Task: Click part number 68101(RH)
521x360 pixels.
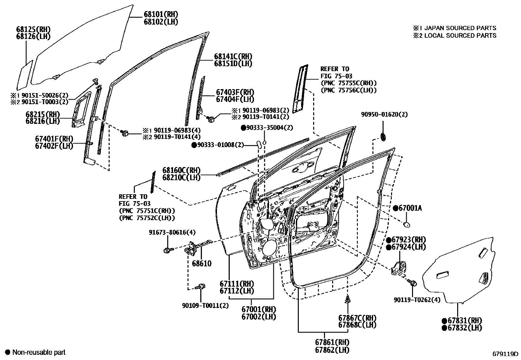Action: (161, 14)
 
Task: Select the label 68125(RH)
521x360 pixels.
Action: (33, 29)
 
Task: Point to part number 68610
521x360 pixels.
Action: (202, 263)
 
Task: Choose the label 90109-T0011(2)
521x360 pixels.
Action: (205, 306)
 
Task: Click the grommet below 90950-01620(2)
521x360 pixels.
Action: (383, 136)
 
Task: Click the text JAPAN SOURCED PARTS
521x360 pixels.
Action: (460, 28)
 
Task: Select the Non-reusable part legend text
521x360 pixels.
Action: (39, 352)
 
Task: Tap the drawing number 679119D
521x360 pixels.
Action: (506, 354)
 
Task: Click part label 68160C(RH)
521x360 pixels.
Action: (181, 170)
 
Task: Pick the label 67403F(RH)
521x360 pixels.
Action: (235, 92)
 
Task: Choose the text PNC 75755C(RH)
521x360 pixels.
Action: (349, 83)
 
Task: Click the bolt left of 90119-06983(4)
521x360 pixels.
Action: (125, 133)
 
